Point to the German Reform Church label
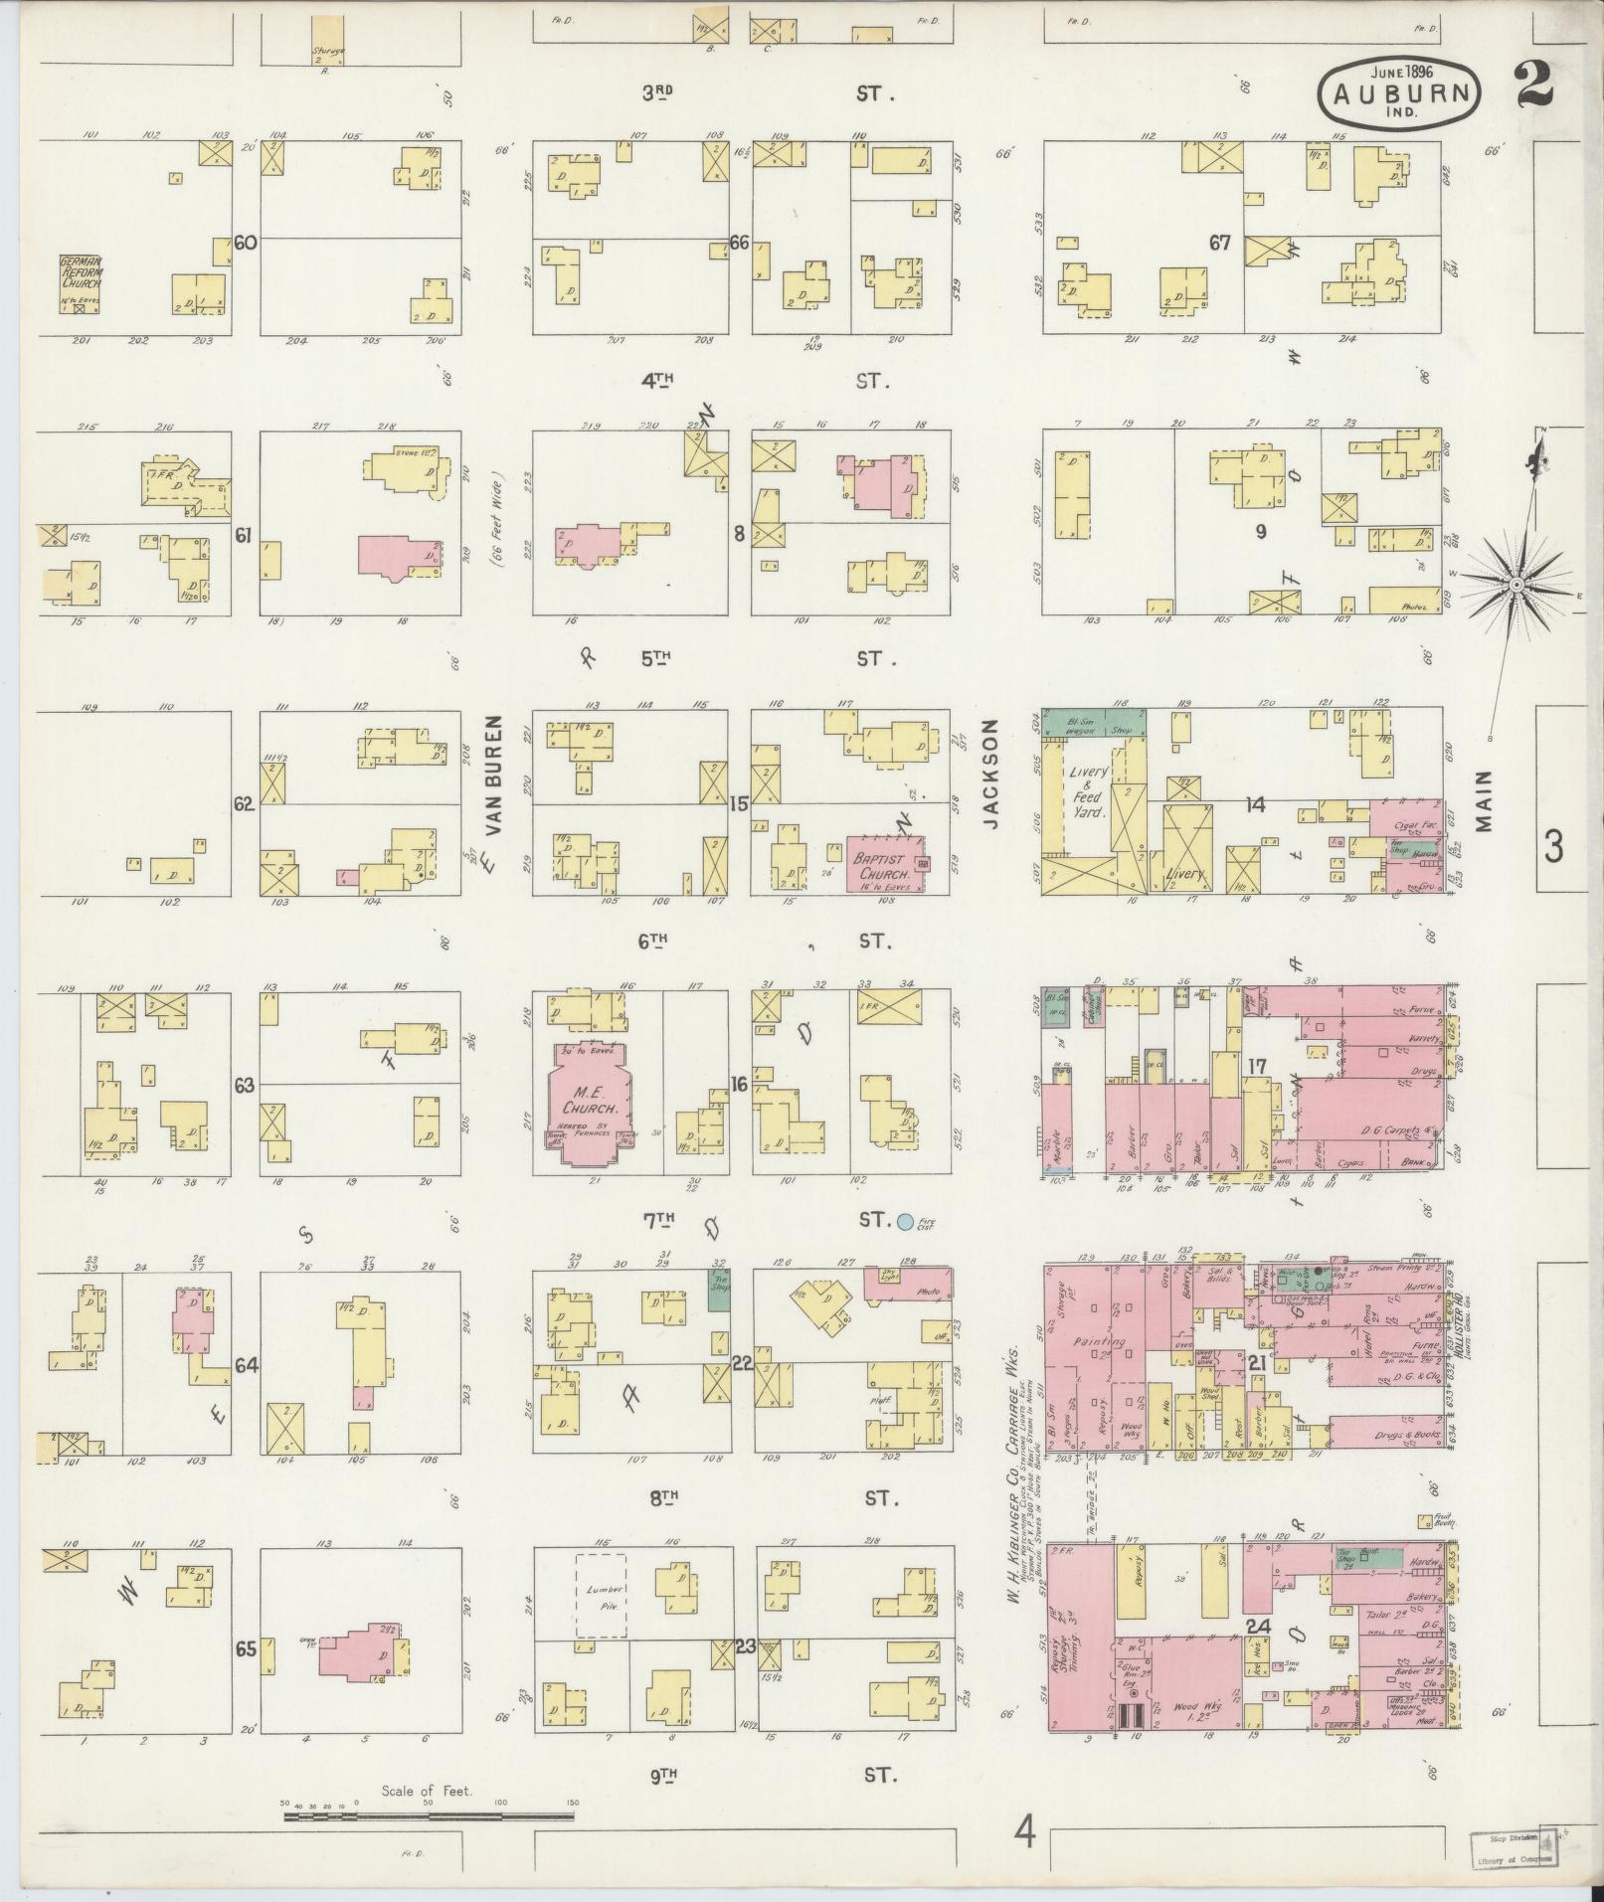80,271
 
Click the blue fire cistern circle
905,1220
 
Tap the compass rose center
1516,586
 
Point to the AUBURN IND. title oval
1399,91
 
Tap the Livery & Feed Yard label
1088,790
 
